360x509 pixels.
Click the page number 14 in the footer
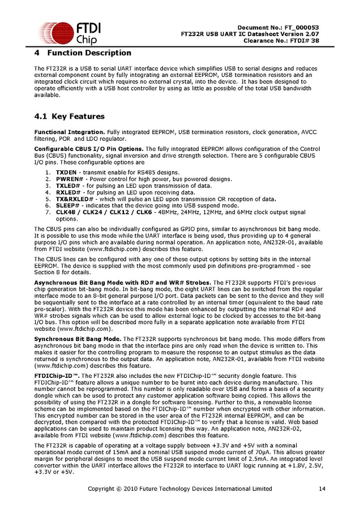(x=322, y=489)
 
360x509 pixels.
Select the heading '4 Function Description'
(x=83, y=53)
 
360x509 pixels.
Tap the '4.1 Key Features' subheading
(x=70, y=117)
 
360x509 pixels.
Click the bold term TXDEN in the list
(x=66, y=172)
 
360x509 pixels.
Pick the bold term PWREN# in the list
(x=69, y=179)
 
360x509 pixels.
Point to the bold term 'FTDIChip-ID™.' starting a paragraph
(x=56, y=376)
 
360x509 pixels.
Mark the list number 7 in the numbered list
(x=47, y=213)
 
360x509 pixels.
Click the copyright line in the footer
(x=180, y=489)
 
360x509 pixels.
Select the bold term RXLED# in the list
(x=68, y=192)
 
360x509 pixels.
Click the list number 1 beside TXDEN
(x=47, y=172)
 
